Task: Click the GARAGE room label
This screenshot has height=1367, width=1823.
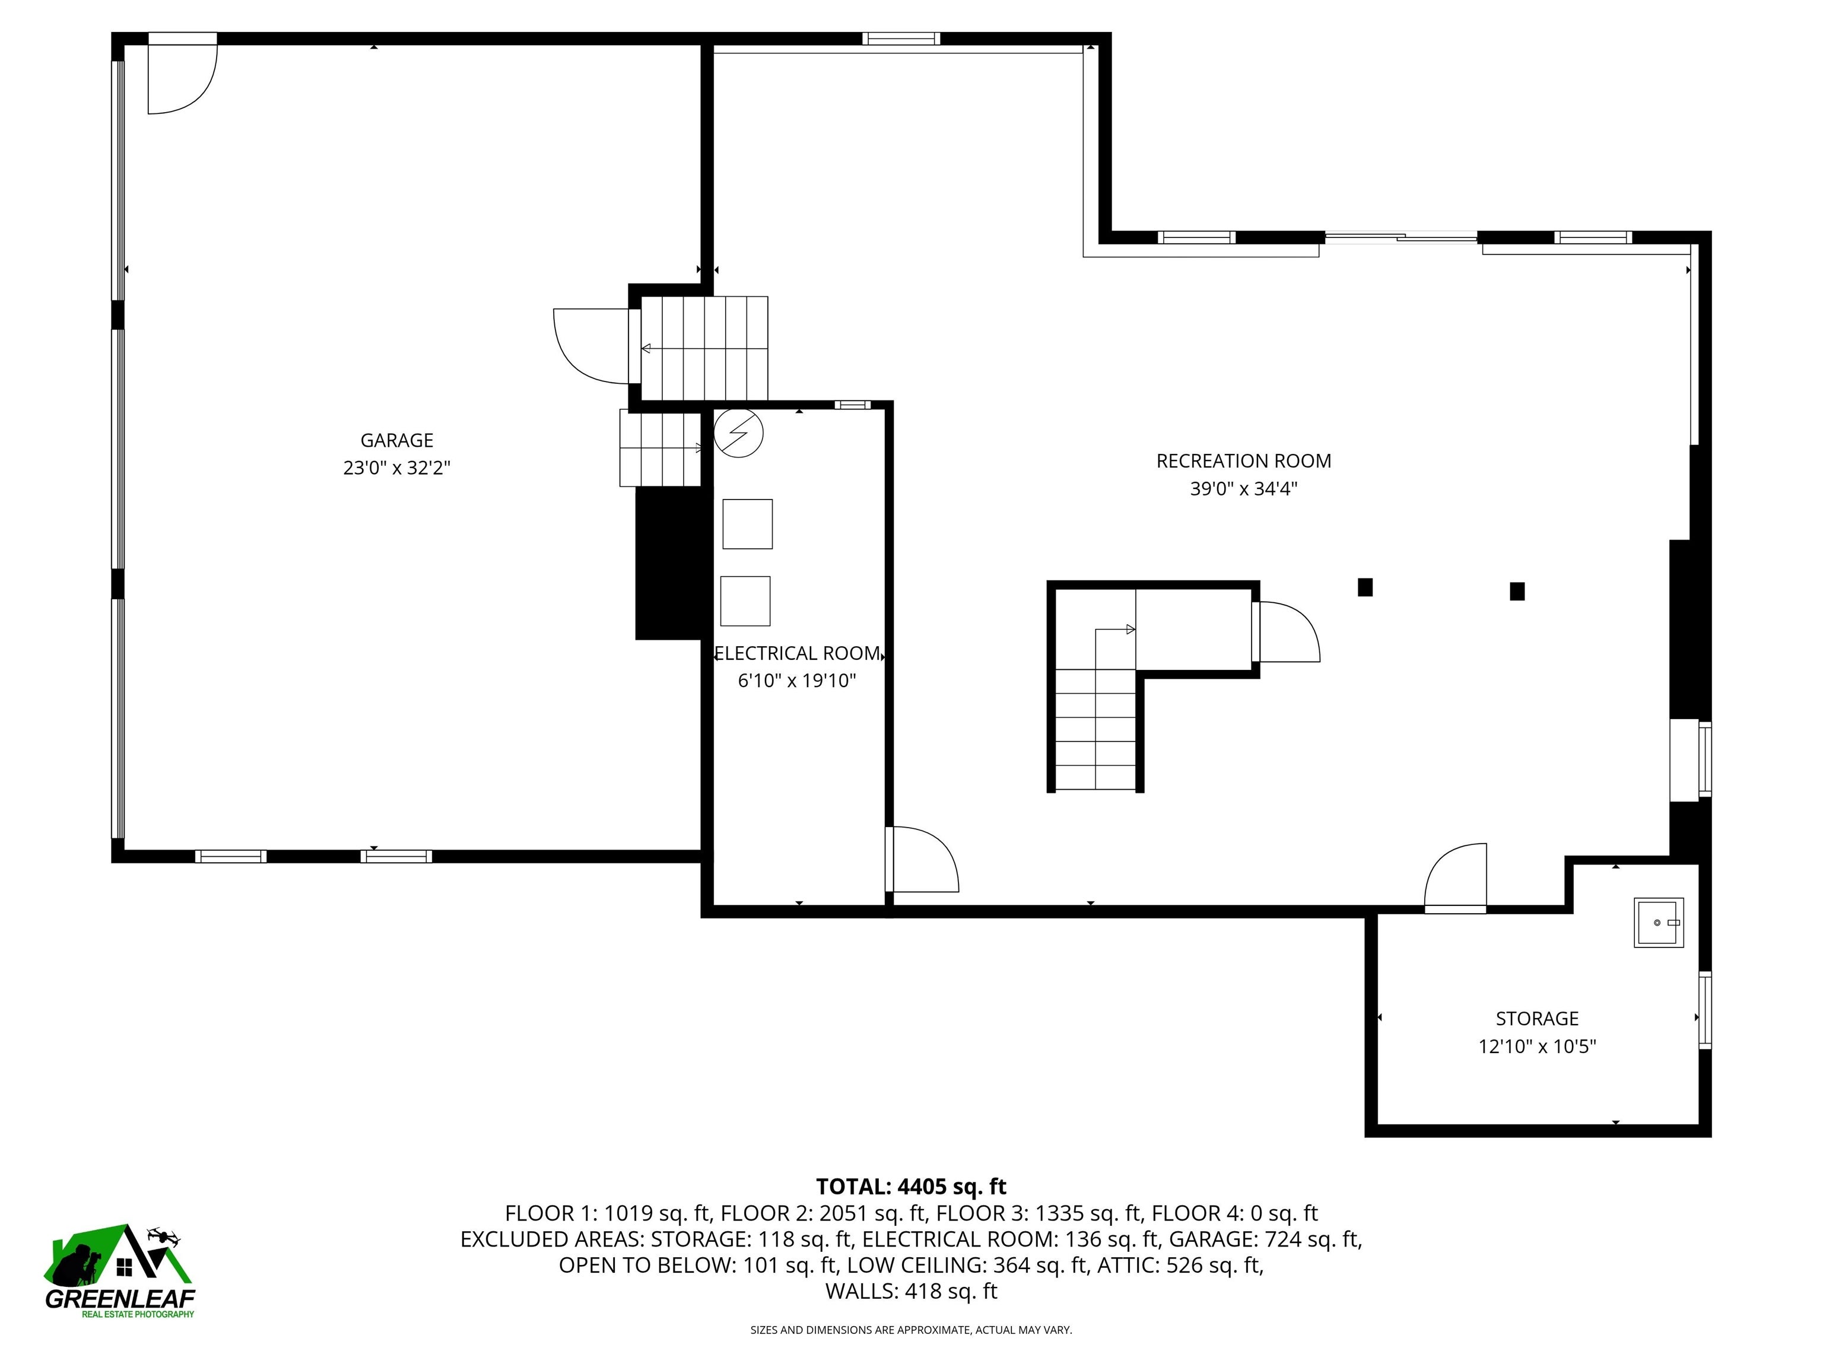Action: [x=396, y=440]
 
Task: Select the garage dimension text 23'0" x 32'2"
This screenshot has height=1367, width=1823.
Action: [x=396, y=468]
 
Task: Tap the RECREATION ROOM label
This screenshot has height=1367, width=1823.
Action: [x=1243, y=460]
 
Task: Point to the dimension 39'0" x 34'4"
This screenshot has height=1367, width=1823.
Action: [x=1243, y=489]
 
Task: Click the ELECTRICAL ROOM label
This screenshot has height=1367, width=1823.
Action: [x=797, y=653]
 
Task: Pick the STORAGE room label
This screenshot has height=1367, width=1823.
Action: [x=1537, y=1019]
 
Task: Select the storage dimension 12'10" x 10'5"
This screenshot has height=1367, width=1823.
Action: [x=1537, y=1047]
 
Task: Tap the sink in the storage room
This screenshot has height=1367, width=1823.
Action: [x=1658, y=923]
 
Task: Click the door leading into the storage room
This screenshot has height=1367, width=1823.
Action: [x=1456, y=878]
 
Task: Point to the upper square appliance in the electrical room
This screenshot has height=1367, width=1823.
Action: [x=748, y=524]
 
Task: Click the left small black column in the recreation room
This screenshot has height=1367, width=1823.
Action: [x=1365, y=587]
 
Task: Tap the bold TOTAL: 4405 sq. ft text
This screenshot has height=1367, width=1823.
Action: [x=911, y=1187]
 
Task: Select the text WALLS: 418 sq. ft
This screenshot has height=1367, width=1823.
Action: [x=911, y=1291]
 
